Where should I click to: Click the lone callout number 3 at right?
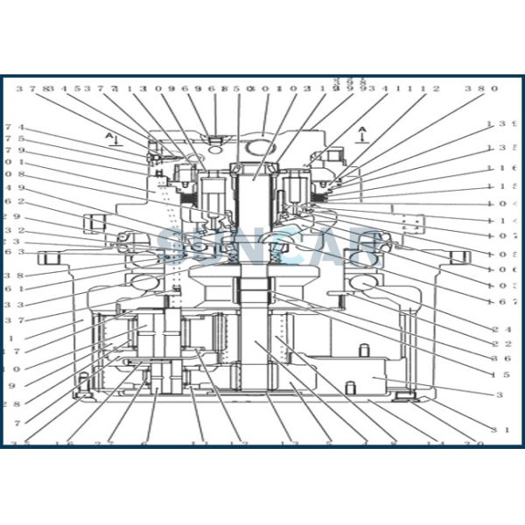coord(500,395)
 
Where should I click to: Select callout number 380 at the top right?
coord(481,88)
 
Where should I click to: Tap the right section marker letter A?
coord(362,131)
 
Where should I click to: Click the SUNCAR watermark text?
coord(262,245)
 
